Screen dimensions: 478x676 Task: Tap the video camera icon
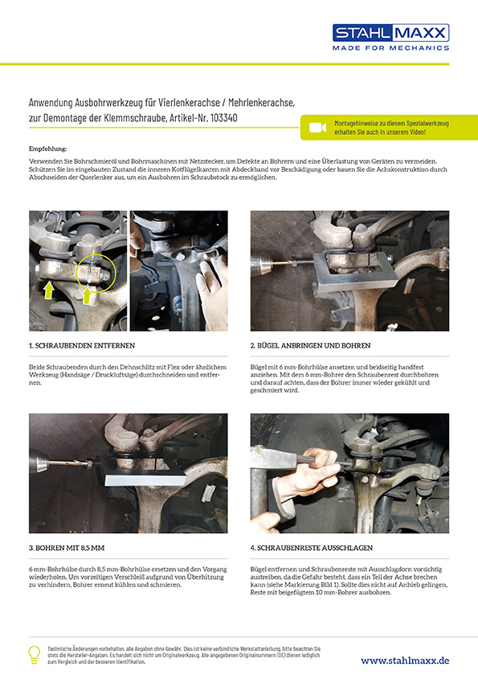point(317,128)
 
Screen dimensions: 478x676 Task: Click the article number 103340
point(224,118)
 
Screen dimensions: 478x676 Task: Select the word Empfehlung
point(48,149)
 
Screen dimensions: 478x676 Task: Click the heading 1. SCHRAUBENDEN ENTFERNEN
point(82,345)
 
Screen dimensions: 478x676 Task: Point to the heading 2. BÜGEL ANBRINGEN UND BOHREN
point(310,345)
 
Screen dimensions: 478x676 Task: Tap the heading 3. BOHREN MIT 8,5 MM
point(67,548)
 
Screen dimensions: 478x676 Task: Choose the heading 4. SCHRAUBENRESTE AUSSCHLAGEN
point(312,548)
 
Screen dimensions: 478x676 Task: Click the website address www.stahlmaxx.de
point(405,661)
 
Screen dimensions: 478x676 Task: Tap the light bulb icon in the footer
point(34,654)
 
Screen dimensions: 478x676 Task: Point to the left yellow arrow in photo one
point(49,290)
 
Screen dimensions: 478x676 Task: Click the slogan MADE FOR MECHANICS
point(391,48)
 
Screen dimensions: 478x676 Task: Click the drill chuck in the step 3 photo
point(39,464)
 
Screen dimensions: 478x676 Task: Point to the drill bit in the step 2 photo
point(280,262)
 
